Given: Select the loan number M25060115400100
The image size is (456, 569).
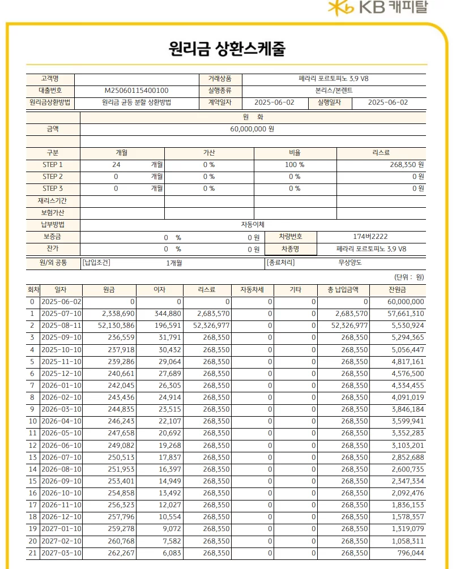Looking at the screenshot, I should tap(137, 91).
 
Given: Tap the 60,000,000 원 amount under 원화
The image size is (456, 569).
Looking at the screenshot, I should tap(252, 129).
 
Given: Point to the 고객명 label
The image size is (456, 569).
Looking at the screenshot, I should tap(50, 79).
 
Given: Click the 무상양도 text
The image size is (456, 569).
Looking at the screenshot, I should tap(350, 263).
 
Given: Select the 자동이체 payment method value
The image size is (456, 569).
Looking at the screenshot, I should tap(253, 225).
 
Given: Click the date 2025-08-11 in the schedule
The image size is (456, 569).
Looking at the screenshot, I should tap(62, 326).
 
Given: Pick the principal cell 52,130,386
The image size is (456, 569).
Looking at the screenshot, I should tap(112, 326).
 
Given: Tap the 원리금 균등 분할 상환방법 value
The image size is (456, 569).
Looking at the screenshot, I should tap(137, 102).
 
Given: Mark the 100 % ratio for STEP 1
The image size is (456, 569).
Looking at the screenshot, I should tap(295, 165).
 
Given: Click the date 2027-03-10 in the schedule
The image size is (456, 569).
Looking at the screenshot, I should tap(62, 553).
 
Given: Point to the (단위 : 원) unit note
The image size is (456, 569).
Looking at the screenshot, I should tap(409, 277).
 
